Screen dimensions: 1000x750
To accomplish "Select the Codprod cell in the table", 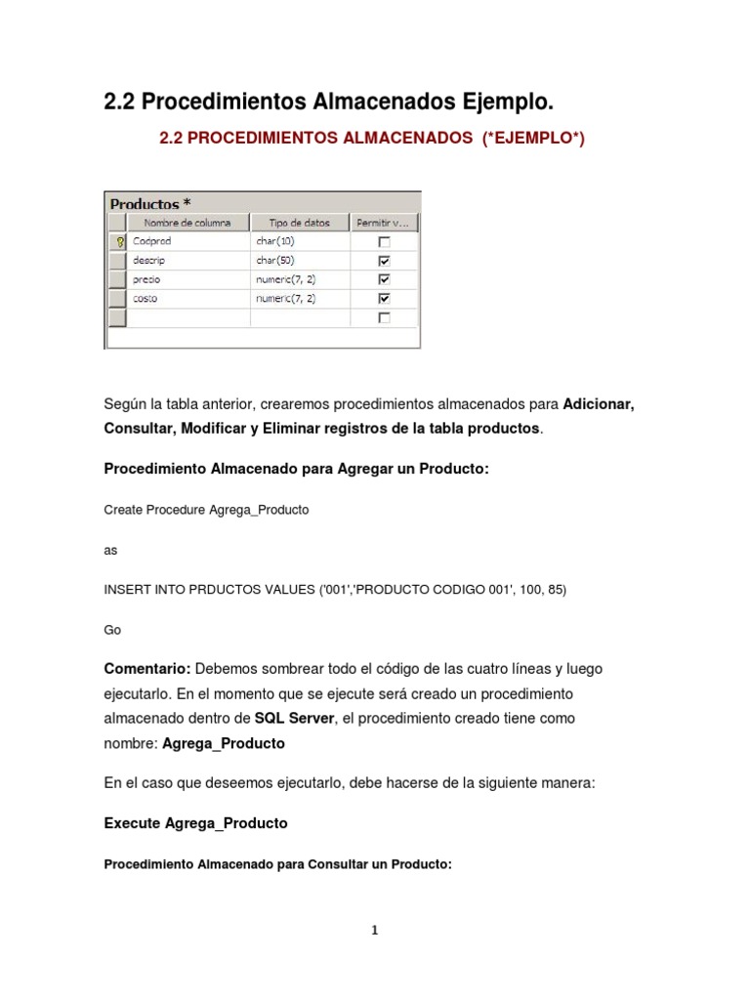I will pos(152,241).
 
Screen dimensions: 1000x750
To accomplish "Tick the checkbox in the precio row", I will pos(384,279).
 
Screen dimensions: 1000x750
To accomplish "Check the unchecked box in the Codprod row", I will pos(384,241).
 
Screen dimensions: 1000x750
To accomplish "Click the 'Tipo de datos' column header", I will pos(299,223).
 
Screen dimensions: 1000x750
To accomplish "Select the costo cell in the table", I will pos(146,298).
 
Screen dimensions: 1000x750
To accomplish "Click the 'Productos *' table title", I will pos(149,204).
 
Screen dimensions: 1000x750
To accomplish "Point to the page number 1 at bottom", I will pos(374,931).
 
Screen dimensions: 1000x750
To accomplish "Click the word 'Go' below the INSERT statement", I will pos(112,630).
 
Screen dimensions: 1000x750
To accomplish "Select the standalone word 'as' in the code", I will pos(110,550).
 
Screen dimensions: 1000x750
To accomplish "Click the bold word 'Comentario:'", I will pos(147,669).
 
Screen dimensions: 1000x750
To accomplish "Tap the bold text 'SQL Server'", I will pos(294,718).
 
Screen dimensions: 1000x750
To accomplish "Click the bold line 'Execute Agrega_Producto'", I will pos(195,823).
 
